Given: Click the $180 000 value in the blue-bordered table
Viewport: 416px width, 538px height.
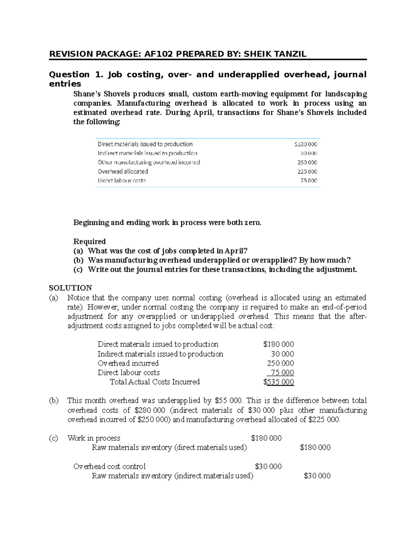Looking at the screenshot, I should pyautogui.click(x=305, y=144).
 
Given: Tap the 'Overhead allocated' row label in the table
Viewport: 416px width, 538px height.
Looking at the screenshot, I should pyautogui.click(x=123, y=171).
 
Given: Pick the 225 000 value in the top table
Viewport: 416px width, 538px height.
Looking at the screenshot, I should pyautogui.click(x=307, y=172).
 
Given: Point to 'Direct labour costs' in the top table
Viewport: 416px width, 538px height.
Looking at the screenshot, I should pyautogui.click(x=122, y=180).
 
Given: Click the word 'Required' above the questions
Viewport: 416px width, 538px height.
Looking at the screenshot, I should pyautogui.click(x=89, y=241).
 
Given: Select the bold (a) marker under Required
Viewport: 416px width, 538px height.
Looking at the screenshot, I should pyautogui.click(x=78, y=251).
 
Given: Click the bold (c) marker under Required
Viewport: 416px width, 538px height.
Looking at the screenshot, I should pyautogui.click(x=78, y=270).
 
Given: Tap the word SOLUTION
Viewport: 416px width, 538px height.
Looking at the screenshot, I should pyautogui.click(x=70, y=288).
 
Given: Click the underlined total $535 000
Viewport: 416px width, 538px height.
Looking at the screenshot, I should pyautogui.click(x=278, y=382).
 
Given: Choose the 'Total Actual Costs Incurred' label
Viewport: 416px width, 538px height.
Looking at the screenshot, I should pyautogui.click(x=155, y=382).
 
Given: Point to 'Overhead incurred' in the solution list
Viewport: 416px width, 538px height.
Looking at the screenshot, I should pyautogui.click(x=128, y=363).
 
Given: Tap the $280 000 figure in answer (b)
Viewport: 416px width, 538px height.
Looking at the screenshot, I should pyautogui.click(x=151, y=410).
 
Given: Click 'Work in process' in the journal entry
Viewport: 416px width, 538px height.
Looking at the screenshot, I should pyautogui.click(x=94, y=438).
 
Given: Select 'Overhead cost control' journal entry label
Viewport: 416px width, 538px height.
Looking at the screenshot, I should pyautogui.click(x=109, y=467).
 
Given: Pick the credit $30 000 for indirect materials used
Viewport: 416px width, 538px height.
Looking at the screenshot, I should pyautogui.click(x=317, y=476).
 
